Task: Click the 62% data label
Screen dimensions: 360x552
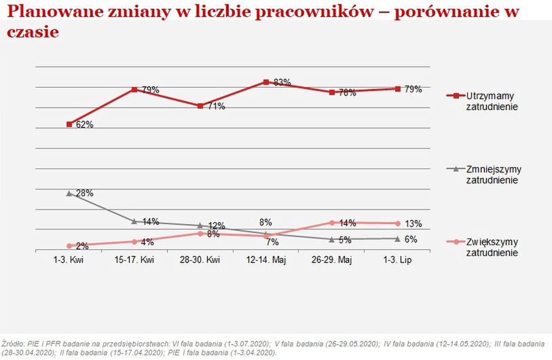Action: [x=84, y=125]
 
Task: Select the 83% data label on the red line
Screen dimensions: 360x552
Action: [x=282, y=83]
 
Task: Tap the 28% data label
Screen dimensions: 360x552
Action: [x=84, y=194]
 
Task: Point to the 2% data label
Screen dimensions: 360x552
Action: [x=80, y=245]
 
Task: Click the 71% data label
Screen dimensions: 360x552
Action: [x=216, y=107]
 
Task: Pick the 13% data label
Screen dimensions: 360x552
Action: [x=413, y=223]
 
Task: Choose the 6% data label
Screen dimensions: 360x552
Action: [x=411, y=239]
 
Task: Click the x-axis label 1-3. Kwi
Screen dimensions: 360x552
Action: [x=69, y=260]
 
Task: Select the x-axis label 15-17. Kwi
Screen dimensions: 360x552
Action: [x=134, y=260]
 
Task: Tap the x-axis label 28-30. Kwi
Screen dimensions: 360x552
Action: [x=200, y=260]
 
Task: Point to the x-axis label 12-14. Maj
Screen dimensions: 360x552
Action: [x=266, y=260]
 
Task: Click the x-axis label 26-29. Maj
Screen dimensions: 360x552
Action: [x=331, y=260]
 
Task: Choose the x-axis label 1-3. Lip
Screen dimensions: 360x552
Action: [x=397, y=260]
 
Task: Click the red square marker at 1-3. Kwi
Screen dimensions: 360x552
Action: [x=69, y=124]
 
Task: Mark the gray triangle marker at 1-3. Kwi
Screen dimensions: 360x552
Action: [x=69, y=193]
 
